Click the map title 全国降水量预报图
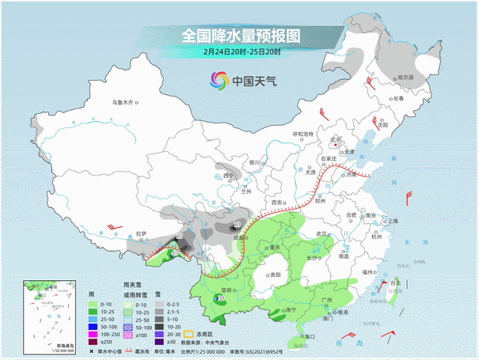tap(241, 36)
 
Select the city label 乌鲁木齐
tap(124, 101)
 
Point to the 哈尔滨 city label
tap(404, 78)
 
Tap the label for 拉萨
tap(141, 233)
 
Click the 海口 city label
tap(310, 336)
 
